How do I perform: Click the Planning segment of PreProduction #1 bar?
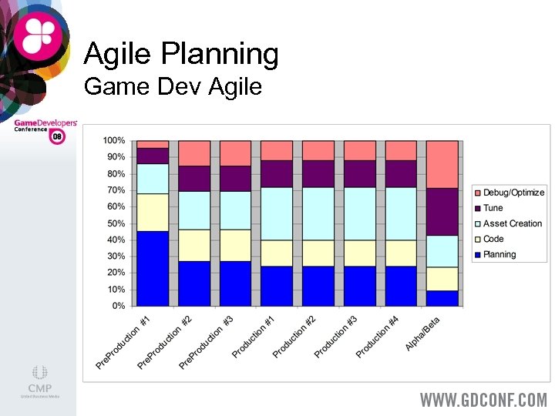pos(152,268)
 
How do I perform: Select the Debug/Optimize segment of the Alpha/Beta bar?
pos(442,164)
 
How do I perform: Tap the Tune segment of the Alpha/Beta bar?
pos(442,211)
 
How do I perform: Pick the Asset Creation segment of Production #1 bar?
pos(277,213)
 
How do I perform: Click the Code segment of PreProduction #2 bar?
pos(194,245)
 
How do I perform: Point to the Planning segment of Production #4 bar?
pos(401,286)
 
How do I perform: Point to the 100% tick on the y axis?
pos(114,140)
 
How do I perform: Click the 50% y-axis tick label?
pos(116,223)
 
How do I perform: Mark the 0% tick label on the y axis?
pos(118,306)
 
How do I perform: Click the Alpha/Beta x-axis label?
pos(423,333)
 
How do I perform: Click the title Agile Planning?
pos(181,54)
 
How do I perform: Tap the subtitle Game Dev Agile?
pos(173,86)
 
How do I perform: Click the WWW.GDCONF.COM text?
pos(483,400)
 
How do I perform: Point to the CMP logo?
pos(40,381)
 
